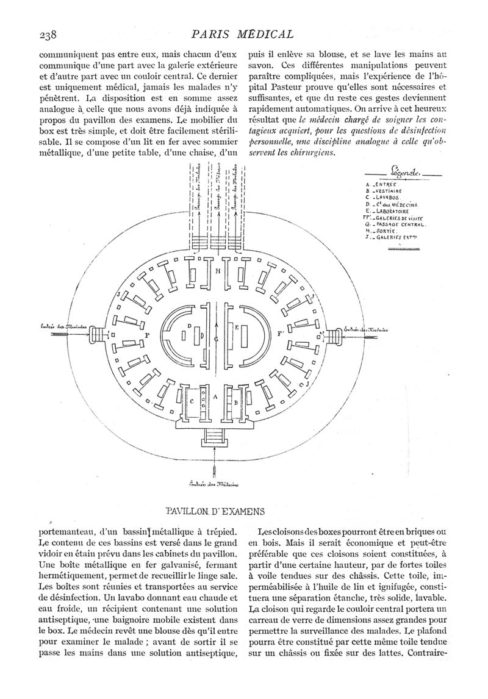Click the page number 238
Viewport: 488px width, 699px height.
tap(46, 35)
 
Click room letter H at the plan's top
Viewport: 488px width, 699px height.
tap(218, 271)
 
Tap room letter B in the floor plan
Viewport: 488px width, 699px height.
tap(236, 403)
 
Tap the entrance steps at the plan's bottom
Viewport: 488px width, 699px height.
tap(215, 436)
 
